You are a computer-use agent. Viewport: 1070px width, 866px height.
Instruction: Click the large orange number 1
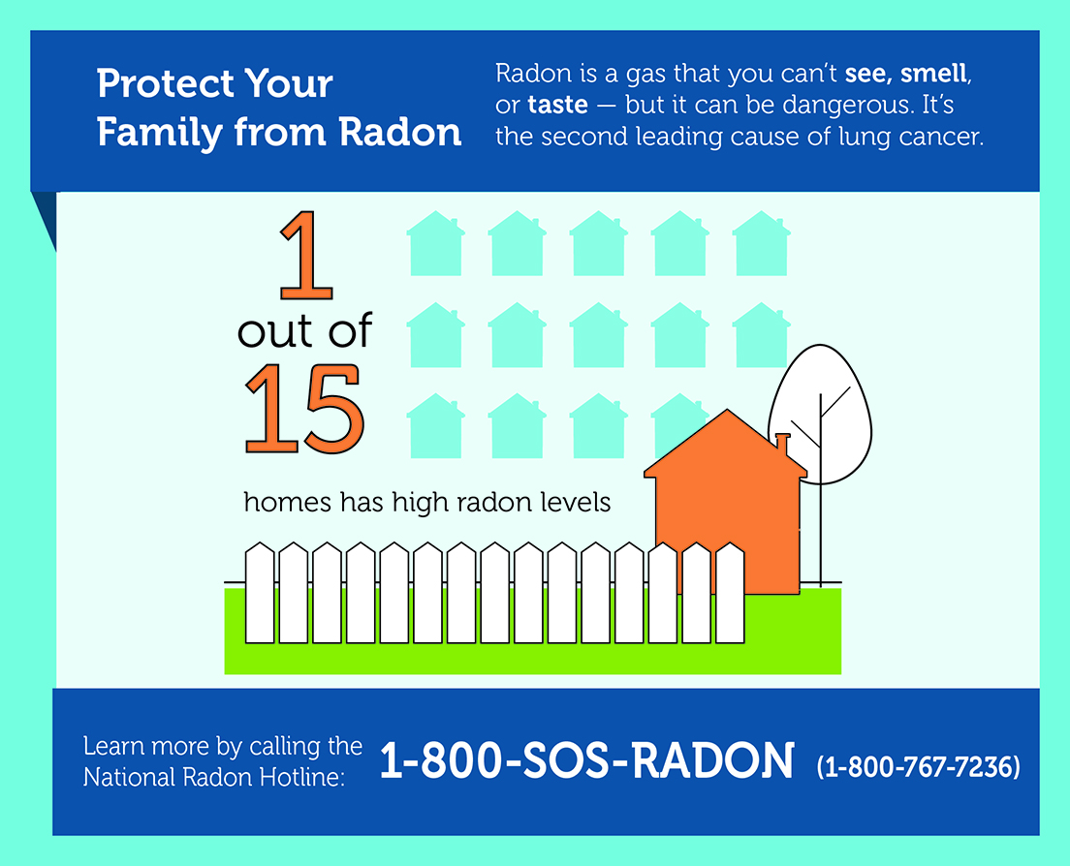(x=308, y=255)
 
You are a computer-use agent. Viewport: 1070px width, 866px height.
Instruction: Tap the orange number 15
(x=304, y=409)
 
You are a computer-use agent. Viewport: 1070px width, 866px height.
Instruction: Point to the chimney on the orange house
(x=782, y=444)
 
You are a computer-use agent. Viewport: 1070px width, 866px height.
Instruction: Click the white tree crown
(x=820, y=415)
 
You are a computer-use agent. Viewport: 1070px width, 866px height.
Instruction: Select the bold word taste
(x=557, y=105)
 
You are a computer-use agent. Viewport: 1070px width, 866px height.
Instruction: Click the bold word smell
(x=933, y=73)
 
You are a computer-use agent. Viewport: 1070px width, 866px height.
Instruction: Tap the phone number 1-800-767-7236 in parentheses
(x=919, y=766)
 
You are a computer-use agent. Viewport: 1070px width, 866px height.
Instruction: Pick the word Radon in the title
(x=400, y=132)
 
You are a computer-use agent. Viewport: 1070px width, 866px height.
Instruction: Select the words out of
(x=304, y=330)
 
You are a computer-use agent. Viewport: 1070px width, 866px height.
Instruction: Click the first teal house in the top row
(x=436, y=243)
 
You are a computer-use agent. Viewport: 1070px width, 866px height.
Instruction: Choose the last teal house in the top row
(x=762, y=243)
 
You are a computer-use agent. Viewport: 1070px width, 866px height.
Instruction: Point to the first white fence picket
(x=260, y=593)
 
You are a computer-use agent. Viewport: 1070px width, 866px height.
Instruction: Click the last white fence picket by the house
(x=730, y=593)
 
